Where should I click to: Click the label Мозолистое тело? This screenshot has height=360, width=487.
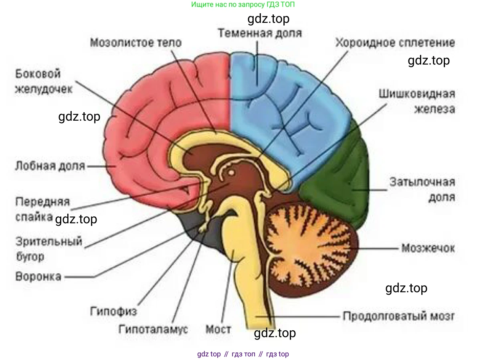pyautogui.click(x=135, y=42)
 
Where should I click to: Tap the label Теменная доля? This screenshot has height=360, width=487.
pyautogui.click(x=260, y=33)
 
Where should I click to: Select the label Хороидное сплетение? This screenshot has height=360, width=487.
pyautogui.click(x=395, y=42)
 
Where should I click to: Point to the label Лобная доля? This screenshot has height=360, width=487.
pyautogui.click(x=50, y=165)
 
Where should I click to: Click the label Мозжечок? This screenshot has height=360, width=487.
pyautogui.click(x=428, y=248)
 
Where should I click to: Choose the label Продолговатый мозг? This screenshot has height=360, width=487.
pyautogui.click(x=398, y=316)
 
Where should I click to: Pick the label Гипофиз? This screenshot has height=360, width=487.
pyautogui.click(x=114, y=311)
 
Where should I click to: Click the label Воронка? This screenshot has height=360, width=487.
pyautogui.click(x=38, y=276)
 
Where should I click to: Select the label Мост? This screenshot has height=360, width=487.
pyautogui.click(x=218, y=330)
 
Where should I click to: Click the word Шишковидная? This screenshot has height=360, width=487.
pyautogui.click(x=417, y=94)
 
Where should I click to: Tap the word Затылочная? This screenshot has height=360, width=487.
pyautogui.click(x=422, y=182)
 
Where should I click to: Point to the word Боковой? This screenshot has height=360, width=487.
pyautogui.click(x=38, y=74)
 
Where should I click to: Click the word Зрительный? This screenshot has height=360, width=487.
pyautogui.click(x=49, y=241)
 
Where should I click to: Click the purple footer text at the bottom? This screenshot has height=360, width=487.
pyautogui.click(x=243, y=354)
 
